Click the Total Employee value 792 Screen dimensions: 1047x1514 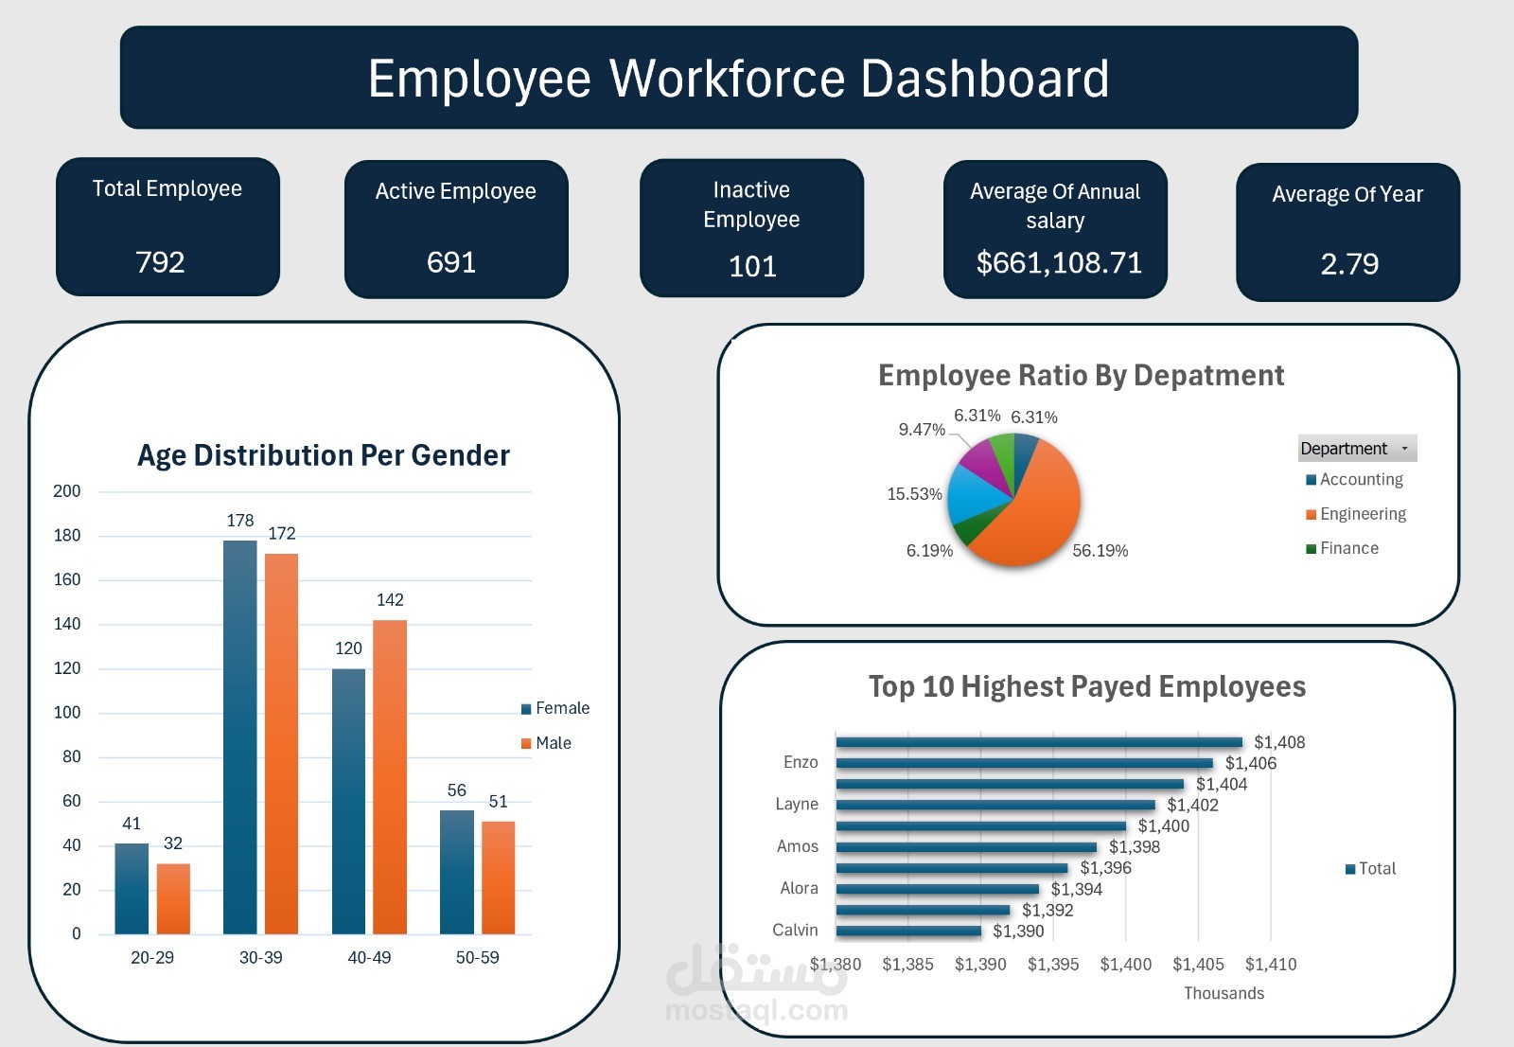point(160,262)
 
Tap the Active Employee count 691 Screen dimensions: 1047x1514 point(451,262)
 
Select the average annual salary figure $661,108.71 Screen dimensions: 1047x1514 point(1059,263)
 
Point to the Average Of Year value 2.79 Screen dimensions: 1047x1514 point(1349,264)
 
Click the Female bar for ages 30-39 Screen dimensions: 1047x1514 point(240,738)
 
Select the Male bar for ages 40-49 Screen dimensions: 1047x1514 point(390,776)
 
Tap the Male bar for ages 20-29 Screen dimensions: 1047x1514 point(173,899)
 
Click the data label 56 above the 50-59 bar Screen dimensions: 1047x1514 point(457,790)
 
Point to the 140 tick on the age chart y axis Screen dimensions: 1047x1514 point(67,624)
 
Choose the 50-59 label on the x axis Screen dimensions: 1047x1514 point(477,958)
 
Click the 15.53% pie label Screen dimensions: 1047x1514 point(914,494)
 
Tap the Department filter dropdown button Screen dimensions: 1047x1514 point(1404,449)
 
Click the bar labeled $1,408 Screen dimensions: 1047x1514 point(1039,742)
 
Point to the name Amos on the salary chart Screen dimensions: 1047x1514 point(798,846)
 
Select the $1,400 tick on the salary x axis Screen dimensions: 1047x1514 point(1125,965)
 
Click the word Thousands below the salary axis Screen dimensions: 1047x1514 point(1224,993)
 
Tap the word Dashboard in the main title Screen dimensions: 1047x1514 point(984,79)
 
